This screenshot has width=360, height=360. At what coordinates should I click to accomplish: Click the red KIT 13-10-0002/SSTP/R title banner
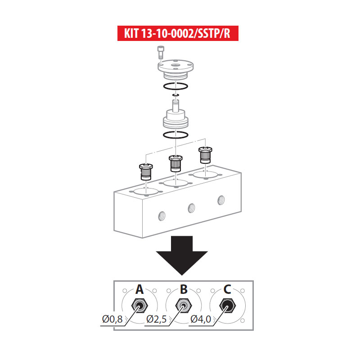coord(178,34)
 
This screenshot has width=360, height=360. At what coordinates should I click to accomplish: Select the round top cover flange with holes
coord(176,68)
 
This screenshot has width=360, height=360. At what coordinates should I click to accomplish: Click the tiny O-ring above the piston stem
coord(176,95)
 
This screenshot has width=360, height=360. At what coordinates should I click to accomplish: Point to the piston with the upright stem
coord(175,116)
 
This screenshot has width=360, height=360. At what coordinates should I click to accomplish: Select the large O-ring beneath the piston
coord(175,135)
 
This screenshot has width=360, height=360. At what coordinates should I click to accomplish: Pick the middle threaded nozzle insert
coord(175,163)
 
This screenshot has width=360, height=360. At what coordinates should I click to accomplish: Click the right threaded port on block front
coord(220,199)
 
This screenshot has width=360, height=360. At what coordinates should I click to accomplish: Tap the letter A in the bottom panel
coord(139,289)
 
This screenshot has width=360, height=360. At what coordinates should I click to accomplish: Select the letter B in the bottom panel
coord(184,289)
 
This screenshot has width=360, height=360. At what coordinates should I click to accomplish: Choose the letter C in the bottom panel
coord(228,289)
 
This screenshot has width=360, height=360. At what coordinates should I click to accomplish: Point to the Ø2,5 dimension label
coord(157,319)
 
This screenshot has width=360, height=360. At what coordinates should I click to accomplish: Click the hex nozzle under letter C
coord(228,306)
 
